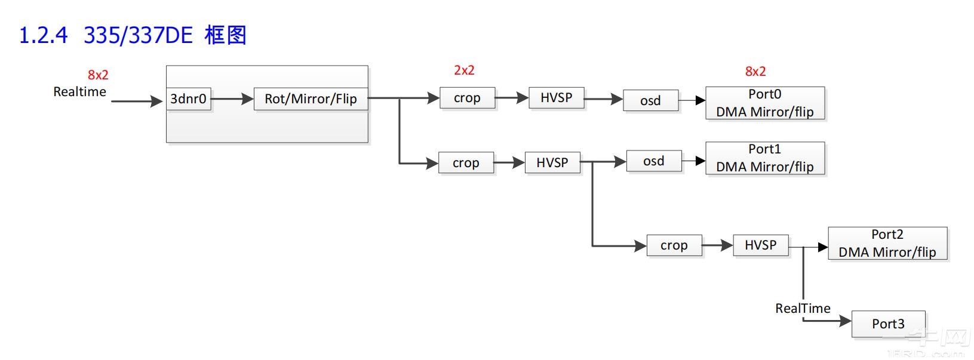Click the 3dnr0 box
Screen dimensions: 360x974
(188, 99)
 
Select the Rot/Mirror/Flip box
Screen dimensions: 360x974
(311, 99)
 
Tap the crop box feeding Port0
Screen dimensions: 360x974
(467, 98)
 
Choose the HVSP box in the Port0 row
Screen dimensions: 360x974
(556, 98)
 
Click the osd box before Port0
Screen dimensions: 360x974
(650, 101)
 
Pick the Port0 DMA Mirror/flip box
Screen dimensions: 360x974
(764, 103)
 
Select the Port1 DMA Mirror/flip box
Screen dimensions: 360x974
(764, 158)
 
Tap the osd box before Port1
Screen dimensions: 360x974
(653, 161)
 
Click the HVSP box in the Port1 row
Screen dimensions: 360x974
(552, 162)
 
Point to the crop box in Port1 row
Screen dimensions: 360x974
(466, 163)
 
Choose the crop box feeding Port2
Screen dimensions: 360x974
(674, 245)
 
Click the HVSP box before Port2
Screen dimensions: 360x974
(760, 245)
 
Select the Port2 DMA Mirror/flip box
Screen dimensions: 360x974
(887, 244)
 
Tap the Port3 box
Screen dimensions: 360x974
(887, 324)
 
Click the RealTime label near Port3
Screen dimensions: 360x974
(803, 309)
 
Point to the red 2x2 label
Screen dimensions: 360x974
(464, 70)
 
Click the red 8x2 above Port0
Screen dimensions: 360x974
(755, 72)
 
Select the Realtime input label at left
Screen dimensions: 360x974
(79, 92)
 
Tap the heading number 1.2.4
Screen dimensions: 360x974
(44, 36)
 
